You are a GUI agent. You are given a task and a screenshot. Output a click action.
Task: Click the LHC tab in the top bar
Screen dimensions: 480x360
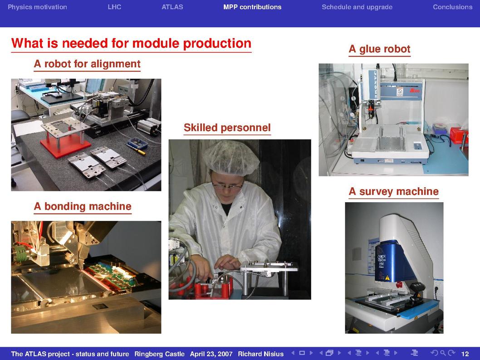point(114,7)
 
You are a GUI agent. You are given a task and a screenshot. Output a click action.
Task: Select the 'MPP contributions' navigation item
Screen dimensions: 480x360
point(252,7)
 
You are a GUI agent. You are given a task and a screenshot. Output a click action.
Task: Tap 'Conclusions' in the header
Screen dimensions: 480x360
point(452,7)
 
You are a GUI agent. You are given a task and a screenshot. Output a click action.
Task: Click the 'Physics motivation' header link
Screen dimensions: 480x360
point(37,7)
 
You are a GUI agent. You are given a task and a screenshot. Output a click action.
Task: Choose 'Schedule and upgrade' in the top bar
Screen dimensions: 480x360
point(357,7)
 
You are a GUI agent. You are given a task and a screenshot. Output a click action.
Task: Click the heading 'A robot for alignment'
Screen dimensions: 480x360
point(87,63)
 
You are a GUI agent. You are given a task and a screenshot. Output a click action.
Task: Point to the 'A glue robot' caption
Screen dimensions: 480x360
point(380,49)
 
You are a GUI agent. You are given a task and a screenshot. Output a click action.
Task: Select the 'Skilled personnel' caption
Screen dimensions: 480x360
point(227,127)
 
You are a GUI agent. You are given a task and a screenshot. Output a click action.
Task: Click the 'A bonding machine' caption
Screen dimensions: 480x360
point(83,206)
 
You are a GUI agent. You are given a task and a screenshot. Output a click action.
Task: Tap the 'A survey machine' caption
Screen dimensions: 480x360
point(394,191)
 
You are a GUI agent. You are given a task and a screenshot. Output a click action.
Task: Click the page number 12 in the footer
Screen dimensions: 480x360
point(465,354)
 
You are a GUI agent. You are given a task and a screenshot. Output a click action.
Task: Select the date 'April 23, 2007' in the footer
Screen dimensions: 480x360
point(211,354)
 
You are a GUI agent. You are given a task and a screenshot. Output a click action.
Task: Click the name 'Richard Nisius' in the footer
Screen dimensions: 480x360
point(261,354)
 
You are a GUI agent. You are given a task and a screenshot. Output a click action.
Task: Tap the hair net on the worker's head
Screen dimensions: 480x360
point(231,157)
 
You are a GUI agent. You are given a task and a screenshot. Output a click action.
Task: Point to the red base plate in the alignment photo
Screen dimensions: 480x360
point(65,146)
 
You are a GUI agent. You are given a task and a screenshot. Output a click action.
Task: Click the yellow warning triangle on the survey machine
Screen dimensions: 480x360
point(387,278)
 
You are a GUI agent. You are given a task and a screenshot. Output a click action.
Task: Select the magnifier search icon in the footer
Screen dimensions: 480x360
point(443,353)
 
